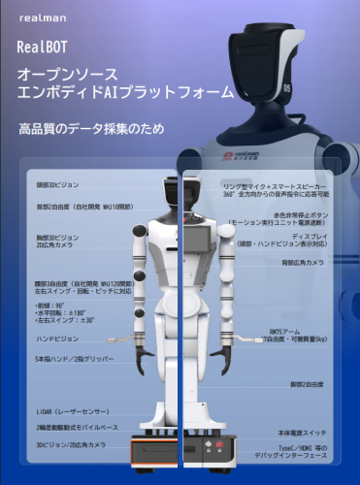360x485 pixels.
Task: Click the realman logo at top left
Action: pos(38,17)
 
